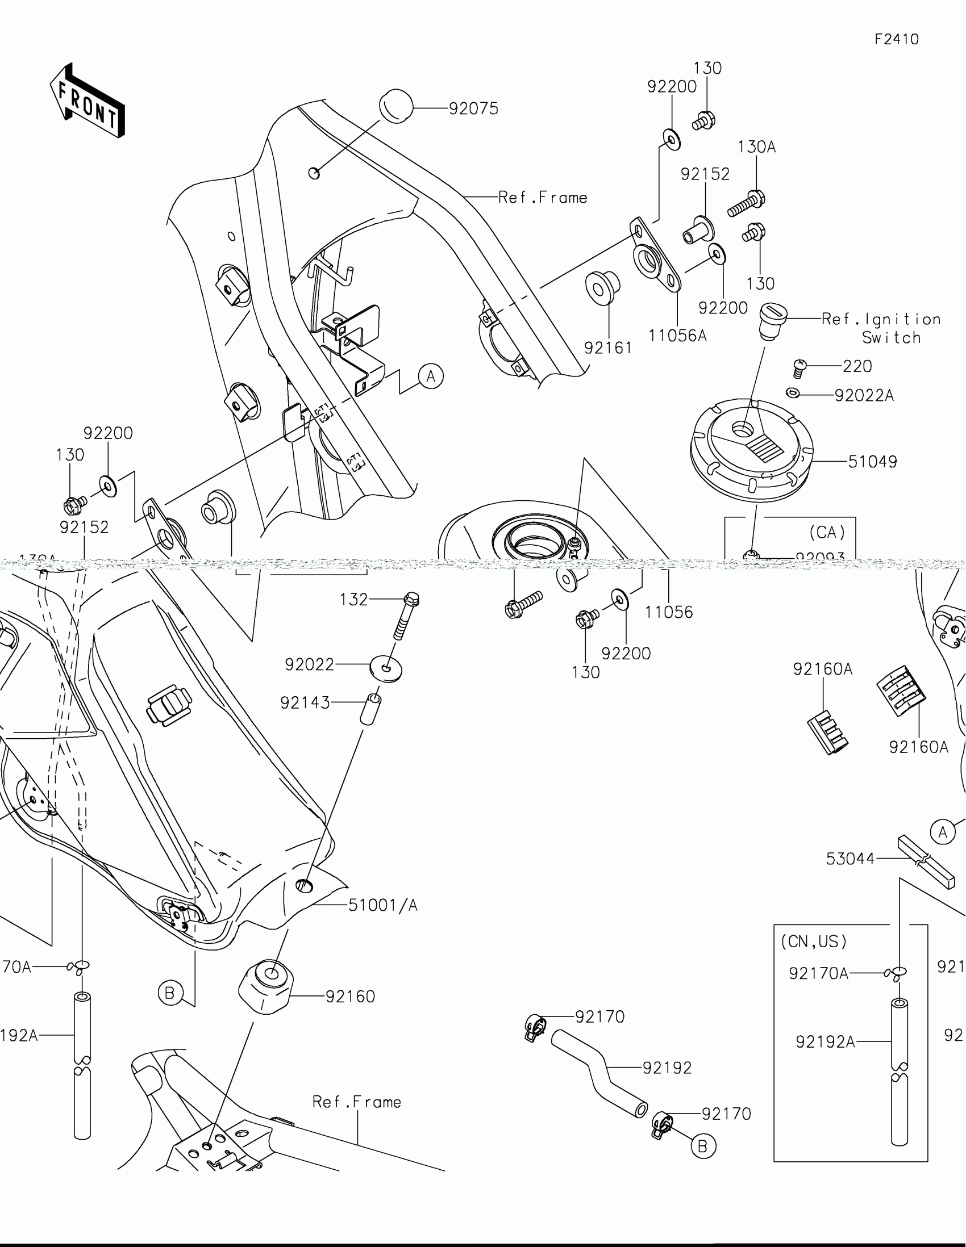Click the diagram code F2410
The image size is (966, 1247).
(x=896, y=39)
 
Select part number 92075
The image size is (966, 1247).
(x=473, y=108)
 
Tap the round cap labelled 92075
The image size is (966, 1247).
(x=396, y=106)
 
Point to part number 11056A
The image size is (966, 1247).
(x=677, y=336)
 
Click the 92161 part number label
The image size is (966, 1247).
(x=608, y=348)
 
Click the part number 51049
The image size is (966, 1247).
(x=872, y=461)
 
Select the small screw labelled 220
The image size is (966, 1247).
(x=800, y=368)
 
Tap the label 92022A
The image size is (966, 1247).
(x=864, y=395)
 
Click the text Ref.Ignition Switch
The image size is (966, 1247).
(x=881, y=328)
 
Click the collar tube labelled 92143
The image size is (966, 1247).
(x=370, y=709)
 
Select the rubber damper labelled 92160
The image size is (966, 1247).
(x=266, y=988)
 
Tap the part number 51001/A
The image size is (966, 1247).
(x=383, y=905)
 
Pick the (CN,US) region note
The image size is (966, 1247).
(x=814, y=941)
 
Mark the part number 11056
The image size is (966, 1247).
(x=668, y=612)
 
